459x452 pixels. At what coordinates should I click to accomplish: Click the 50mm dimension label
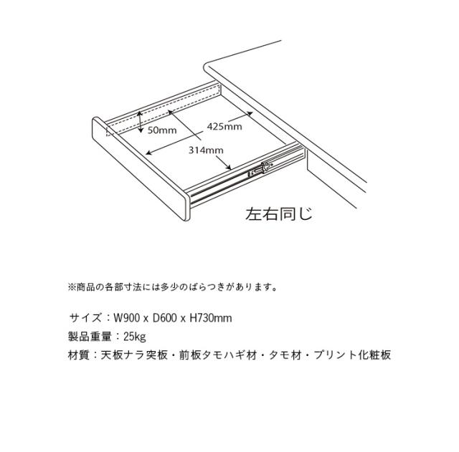[162, 130]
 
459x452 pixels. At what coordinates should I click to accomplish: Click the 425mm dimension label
[224, 127]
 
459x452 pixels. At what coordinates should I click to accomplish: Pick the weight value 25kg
[134, 336]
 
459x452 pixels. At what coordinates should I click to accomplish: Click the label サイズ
[85, 317]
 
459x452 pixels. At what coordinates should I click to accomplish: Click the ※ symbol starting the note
[72, 287]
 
